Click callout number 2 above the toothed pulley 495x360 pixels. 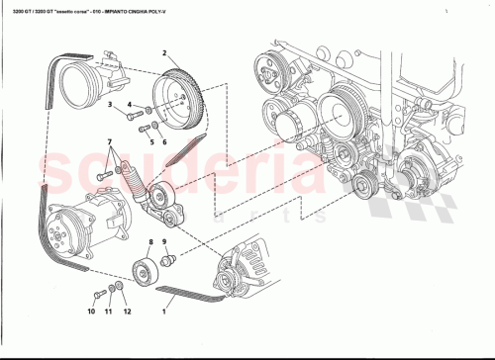pyautogui.click(x=164, y=51)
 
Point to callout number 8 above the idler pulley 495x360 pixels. pyautogui.click(x=148, y=241)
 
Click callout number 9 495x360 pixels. pyautogui.click(x=164, y=241)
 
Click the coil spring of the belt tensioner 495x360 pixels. pyautogui.click(x=132, y=180)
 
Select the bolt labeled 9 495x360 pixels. pyautogui.click(x=169, y=261)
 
